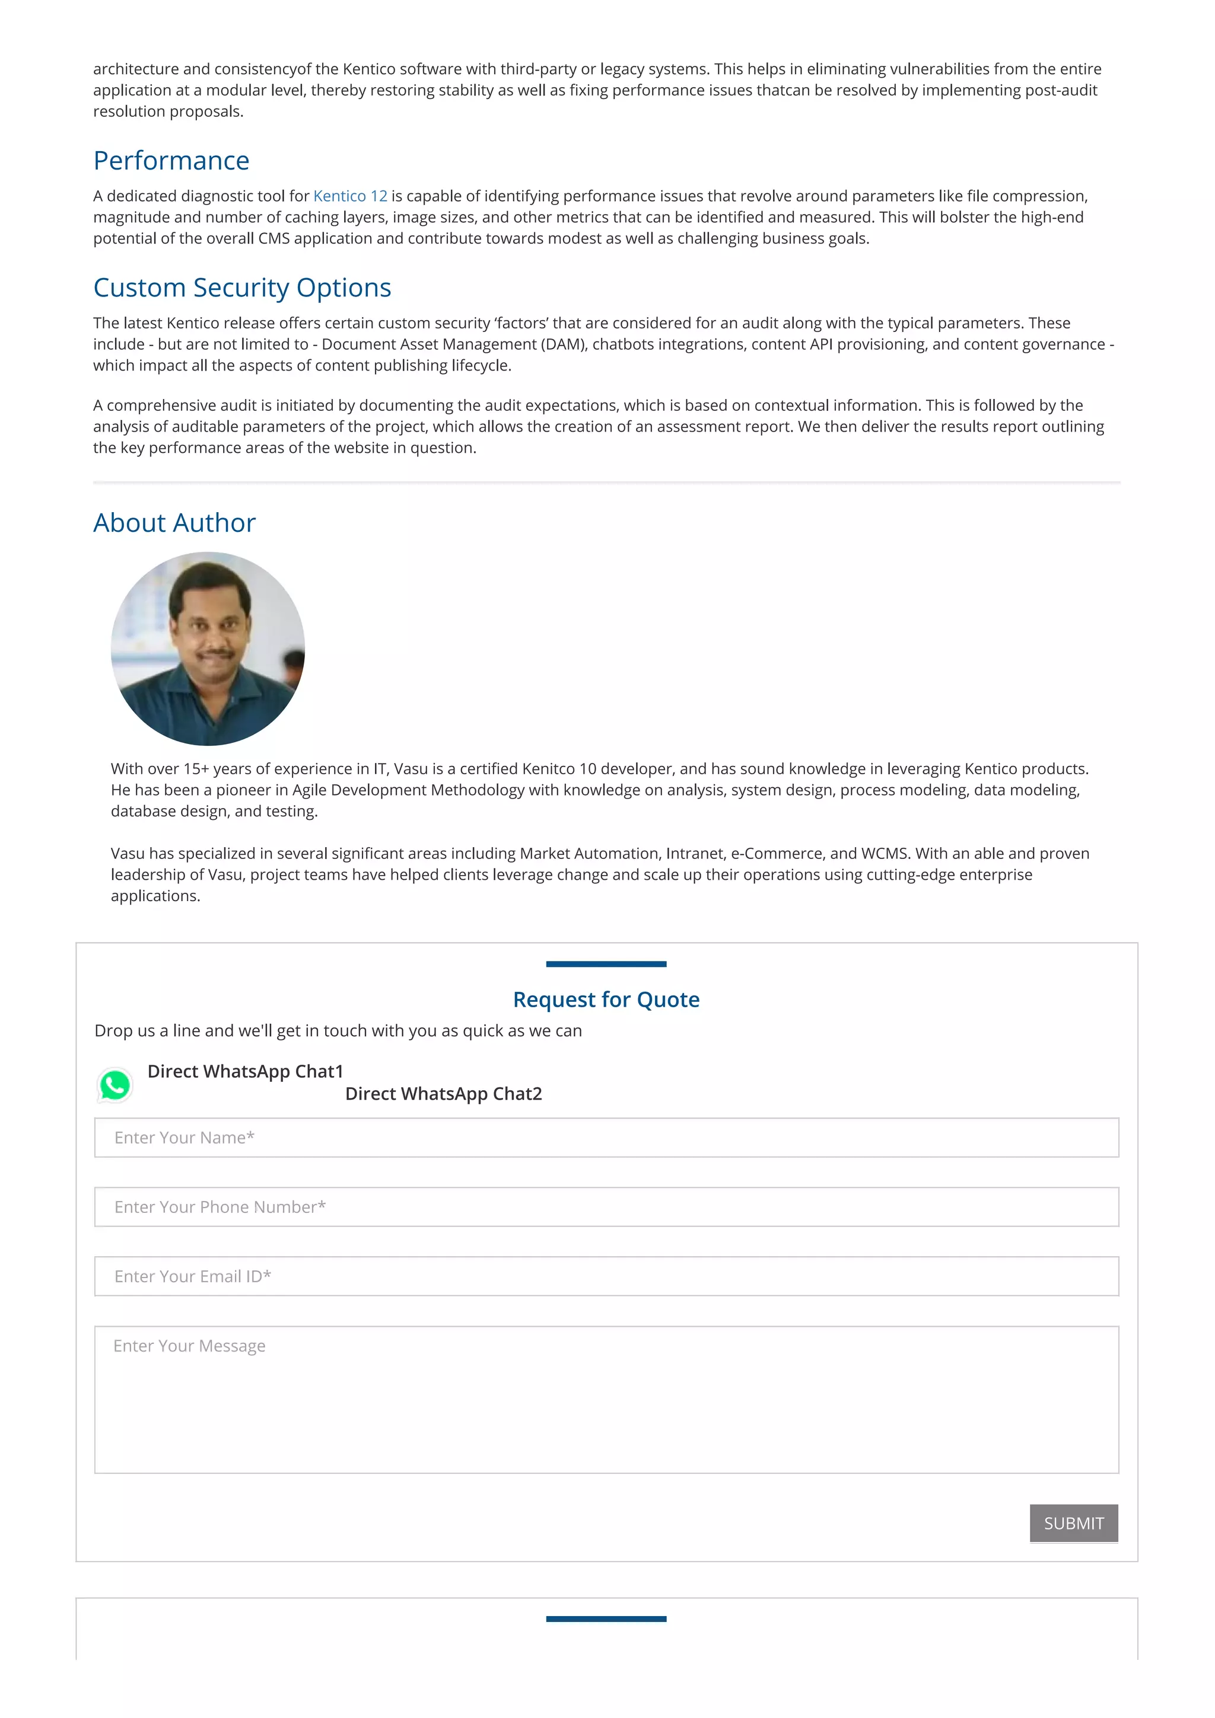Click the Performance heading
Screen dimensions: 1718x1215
pos(171,161)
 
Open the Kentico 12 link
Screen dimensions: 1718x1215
pos(349,196)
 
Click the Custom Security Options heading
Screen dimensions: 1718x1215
pos(242,288)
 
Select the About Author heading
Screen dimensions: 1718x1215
pos(174,523)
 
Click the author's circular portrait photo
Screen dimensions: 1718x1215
pos(208,649)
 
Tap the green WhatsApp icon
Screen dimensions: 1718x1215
pos(114,1085)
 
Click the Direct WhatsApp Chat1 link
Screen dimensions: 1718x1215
pos(245,1071)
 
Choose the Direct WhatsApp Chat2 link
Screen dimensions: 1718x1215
pos(443,1094)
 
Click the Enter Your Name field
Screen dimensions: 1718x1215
pos(606,1138)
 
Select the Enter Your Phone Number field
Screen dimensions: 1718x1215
pos(606,1207)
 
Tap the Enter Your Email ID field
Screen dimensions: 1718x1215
pos(606,1276)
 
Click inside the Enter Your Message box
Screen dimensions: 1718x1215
pos(606,1399)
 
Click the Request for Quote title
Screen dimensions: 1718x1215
pos(606,999)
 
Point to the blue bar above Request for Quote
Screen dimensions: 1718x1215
pos(606,964)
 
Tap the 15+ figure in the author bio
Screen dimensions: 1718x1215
pos(196,769)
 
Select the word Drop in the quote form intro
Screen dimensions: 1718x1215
pos(114,1031)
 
